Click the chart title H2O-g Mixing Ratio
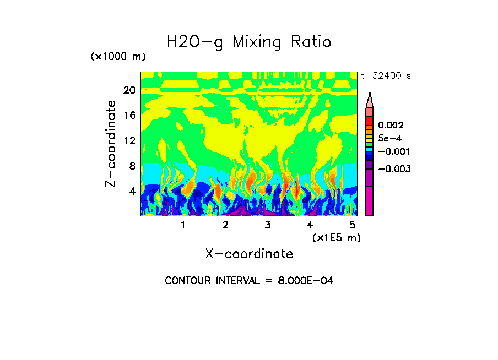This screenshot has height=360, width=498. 249,42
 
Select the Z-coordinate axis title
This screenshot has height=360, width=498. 111,144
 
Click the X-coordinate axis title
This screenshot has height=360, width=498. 249,254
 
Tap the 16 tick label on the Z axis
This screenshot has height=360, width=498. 129,115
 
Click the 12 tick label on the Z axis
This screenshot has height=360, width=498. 129,140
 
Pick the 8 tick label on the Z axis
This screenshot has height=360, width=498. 132,166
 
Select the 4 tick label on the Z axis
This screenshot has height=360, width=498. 132,191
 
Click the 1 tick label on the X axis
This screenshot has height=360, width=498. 183,225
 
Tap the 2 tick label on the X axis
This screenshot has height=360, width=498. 225,225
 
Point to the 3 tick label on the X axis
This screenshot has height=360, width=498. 268,225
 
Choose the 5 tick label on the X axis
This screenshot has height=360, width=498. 351,225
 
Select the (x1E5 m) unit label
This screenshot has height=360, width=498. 336,237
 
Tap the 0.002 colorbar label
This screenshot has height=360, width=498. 390,126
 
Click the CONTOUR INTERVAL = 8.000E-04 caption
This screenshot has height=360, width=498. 249,281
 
